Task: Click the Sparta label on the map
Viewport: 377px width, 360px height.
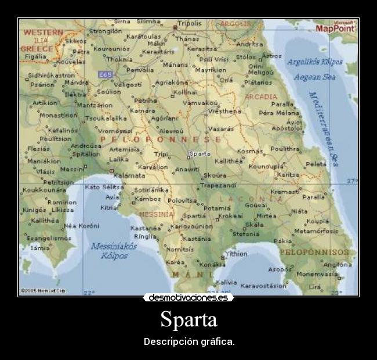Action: pyautogui.click(x=201, y=154)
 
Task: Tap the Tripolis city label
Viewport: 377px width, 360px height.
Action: pyautogui.click(x=189, y=24)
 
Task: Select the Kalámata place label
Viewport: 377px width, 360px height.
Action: pyautogui.click(x=129, y=175)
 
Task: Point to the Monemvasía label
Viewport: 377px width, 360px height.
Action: pyautogui.click(x=317, y=273)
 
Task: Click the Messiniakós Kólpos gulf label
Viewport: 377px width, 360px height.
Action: pyautogui.click(x=114, y=250)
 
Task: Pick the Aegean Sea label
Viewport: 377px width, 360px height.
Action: pyautogui.click(x=314, y=77)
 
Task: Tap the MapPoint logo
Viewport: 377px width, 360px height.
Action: pyautogui.click(x=335, y=27)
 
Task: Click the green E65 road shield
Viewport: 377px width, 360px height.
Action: pyautogui.click(x=105, y=74)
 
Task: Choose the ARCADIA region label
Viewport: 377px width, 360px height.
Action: pyautogui.click(x=260, y=96)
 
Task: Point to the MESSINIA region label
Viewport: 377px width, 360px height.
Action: pyautogui.click(x=155, y=214)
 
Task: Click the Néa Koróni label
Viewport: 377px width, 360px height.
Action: pyautogui.click(x=82, y=225)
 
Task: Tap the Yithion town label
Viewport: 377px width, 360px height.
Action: pyautogui.click(x=236, y=254)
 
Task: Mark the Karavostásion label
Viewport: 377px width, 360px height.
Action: pyautogui.click(x=264, y=286)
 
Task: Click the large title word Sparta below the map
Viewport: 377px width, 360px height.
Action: pyautogui.click(x=188, y=319)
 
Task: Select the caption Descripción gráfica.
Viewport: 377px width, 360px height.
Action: pyautogui.click(x=189, y=341)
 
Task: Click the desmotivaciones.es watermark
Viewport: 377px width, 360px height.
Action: pyautogui.click(x=188, y=298)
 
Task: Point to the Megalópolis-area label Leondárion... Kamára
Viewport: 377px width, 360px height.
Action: pyautogui.click(x=142, y=110)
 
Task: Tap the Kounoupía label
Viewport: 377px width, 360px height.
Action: pyautogui.click(x=265, y=166)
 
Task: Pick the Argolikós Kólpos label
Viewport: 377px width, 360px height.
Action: pyautogui.click(x=315, y=62)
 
